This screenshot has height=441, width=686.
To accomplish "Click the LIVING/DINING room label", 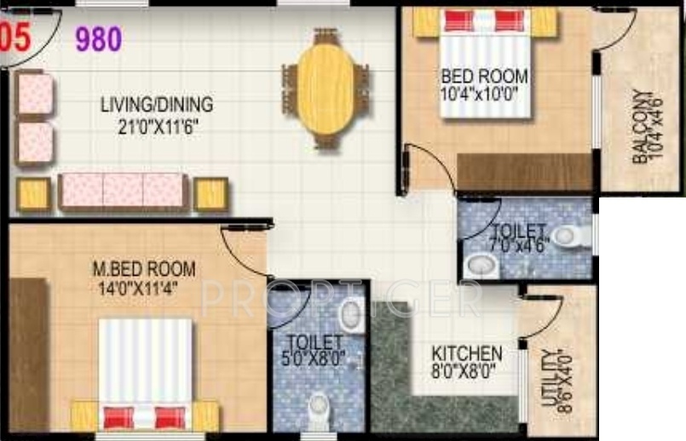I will (157, 106).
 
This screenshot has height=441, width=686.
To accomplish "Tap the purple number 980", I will (99, 38).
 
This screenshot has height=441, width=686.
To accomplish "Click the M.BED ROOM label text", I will (143, 270).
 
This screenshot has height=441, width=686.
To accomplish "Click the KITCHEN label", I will (465, 353).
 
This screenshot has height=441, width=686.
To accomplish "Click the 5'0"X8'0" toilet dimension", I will (314, 358).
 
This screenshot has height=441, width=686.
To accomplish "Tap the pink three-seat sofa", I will (123, 191).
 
